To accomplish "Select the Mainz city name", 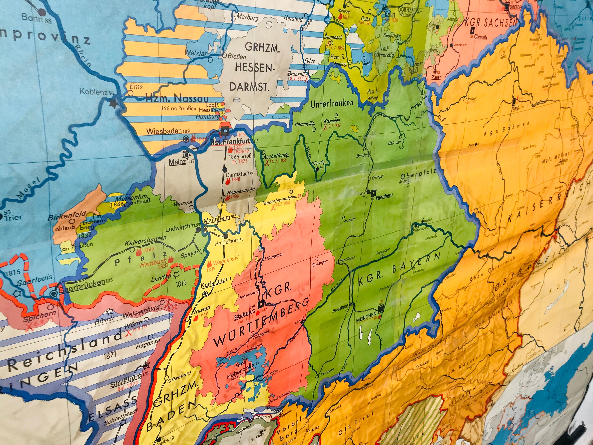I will click(177, 162).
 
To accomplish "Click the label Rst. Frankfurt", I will click(230, 142).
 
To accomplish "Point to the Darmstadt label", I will click(237, 174).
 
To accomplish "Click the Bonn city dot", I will click(42, 11).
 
